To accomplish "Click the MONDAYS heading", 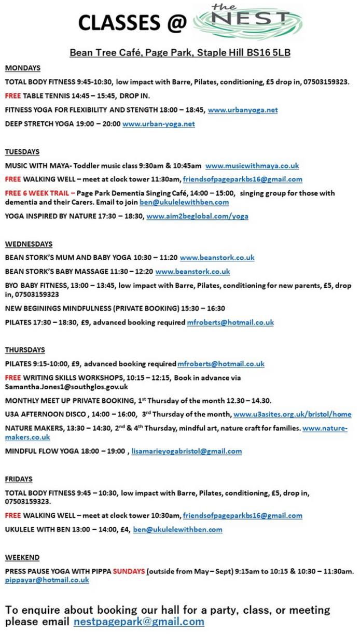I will click(x=23, y=68).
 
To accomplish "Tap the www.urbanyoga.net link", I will click(x=243, y=110).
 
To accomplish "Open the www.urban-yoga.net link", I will click(x=159, y=124).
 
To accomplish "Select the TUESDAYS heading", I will click(x=22, y=152).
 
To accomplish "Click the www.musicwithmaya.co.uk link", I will click(x=252, y=166).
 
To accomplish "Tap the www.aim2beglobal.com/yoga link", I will click(x=197, y=216).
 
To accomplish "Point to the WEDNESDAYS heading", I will click(x=29, y=244).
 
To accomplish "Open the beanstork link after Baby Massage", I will click(x=192, y=272).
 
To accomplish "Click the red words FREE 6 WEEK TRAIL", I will click(x=38, y=193).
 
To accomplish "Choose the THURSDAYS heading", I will click(x=25, y=350).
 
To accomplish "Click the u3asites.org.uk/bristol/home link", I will click(x=292, y=414).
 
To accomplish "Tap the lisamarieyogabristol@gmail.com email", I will click(x=187, y=451).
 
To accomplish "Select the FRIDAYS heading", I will click(x=19, y=479).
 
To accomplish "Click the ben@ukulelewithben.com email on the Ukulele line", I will click(x=177, y=529).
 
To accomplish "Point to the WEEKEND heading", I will click(x=22, y=557).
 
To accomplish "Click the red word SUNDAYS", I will click(x=129, y=571).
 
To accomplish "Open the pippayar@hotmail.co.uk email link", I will click(x=47, y=580).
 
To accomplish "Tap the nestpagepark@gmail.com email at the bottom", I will click(x=139, y=621).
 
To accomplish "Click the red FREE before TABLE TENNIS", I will click(x=13, y=96).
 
